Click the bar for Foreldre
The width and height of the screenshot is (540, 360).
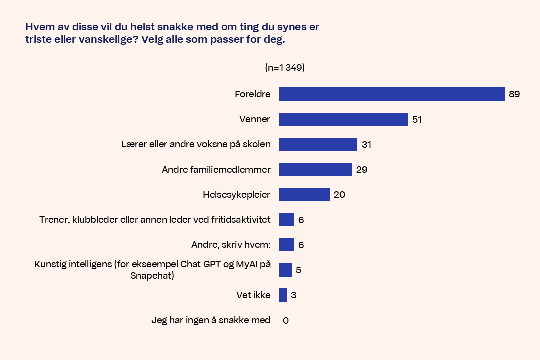[x=391, y=94]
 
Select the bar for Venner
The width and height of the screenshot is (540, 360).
[x=343, y=119]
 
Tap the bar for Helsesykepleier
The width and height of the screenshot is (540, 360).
[x=304, y=194]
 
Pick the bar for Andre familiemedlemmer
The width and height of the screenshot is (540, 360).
[x=315, y=169]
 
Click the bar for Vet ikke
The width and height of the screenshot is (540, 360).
[x=283, y=295]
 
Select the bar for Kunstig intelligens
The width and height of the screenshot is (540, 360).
[x=285, y=270]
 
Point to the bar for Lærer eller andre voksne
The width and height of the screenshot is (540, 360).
[x=318, y=144]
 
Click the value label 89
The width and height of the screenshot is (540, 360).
[x=514, y=94]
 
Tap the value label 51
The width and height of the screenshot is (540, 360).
[x=417, y=120]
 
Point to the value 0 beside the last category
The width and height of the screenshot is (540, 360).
[x=286, y=320]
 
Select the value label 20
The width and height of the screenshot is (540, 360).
[x=339, y=195]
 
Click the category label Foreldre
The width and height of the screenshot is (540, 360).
[x=252, y=94]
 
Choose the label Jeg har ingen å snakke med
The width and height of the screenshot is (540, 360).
[x=211, y=320]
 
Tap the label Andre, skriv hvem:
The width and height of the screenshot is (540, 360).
[x=231, y=245]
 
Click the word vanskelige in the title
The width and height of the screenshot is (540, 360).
[x=104, y=40]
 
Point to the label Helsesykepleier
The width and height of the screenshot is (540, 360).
[x=236, y=195]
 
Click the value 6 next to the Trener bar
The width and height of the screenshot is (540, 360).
[x=301, y=220]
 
